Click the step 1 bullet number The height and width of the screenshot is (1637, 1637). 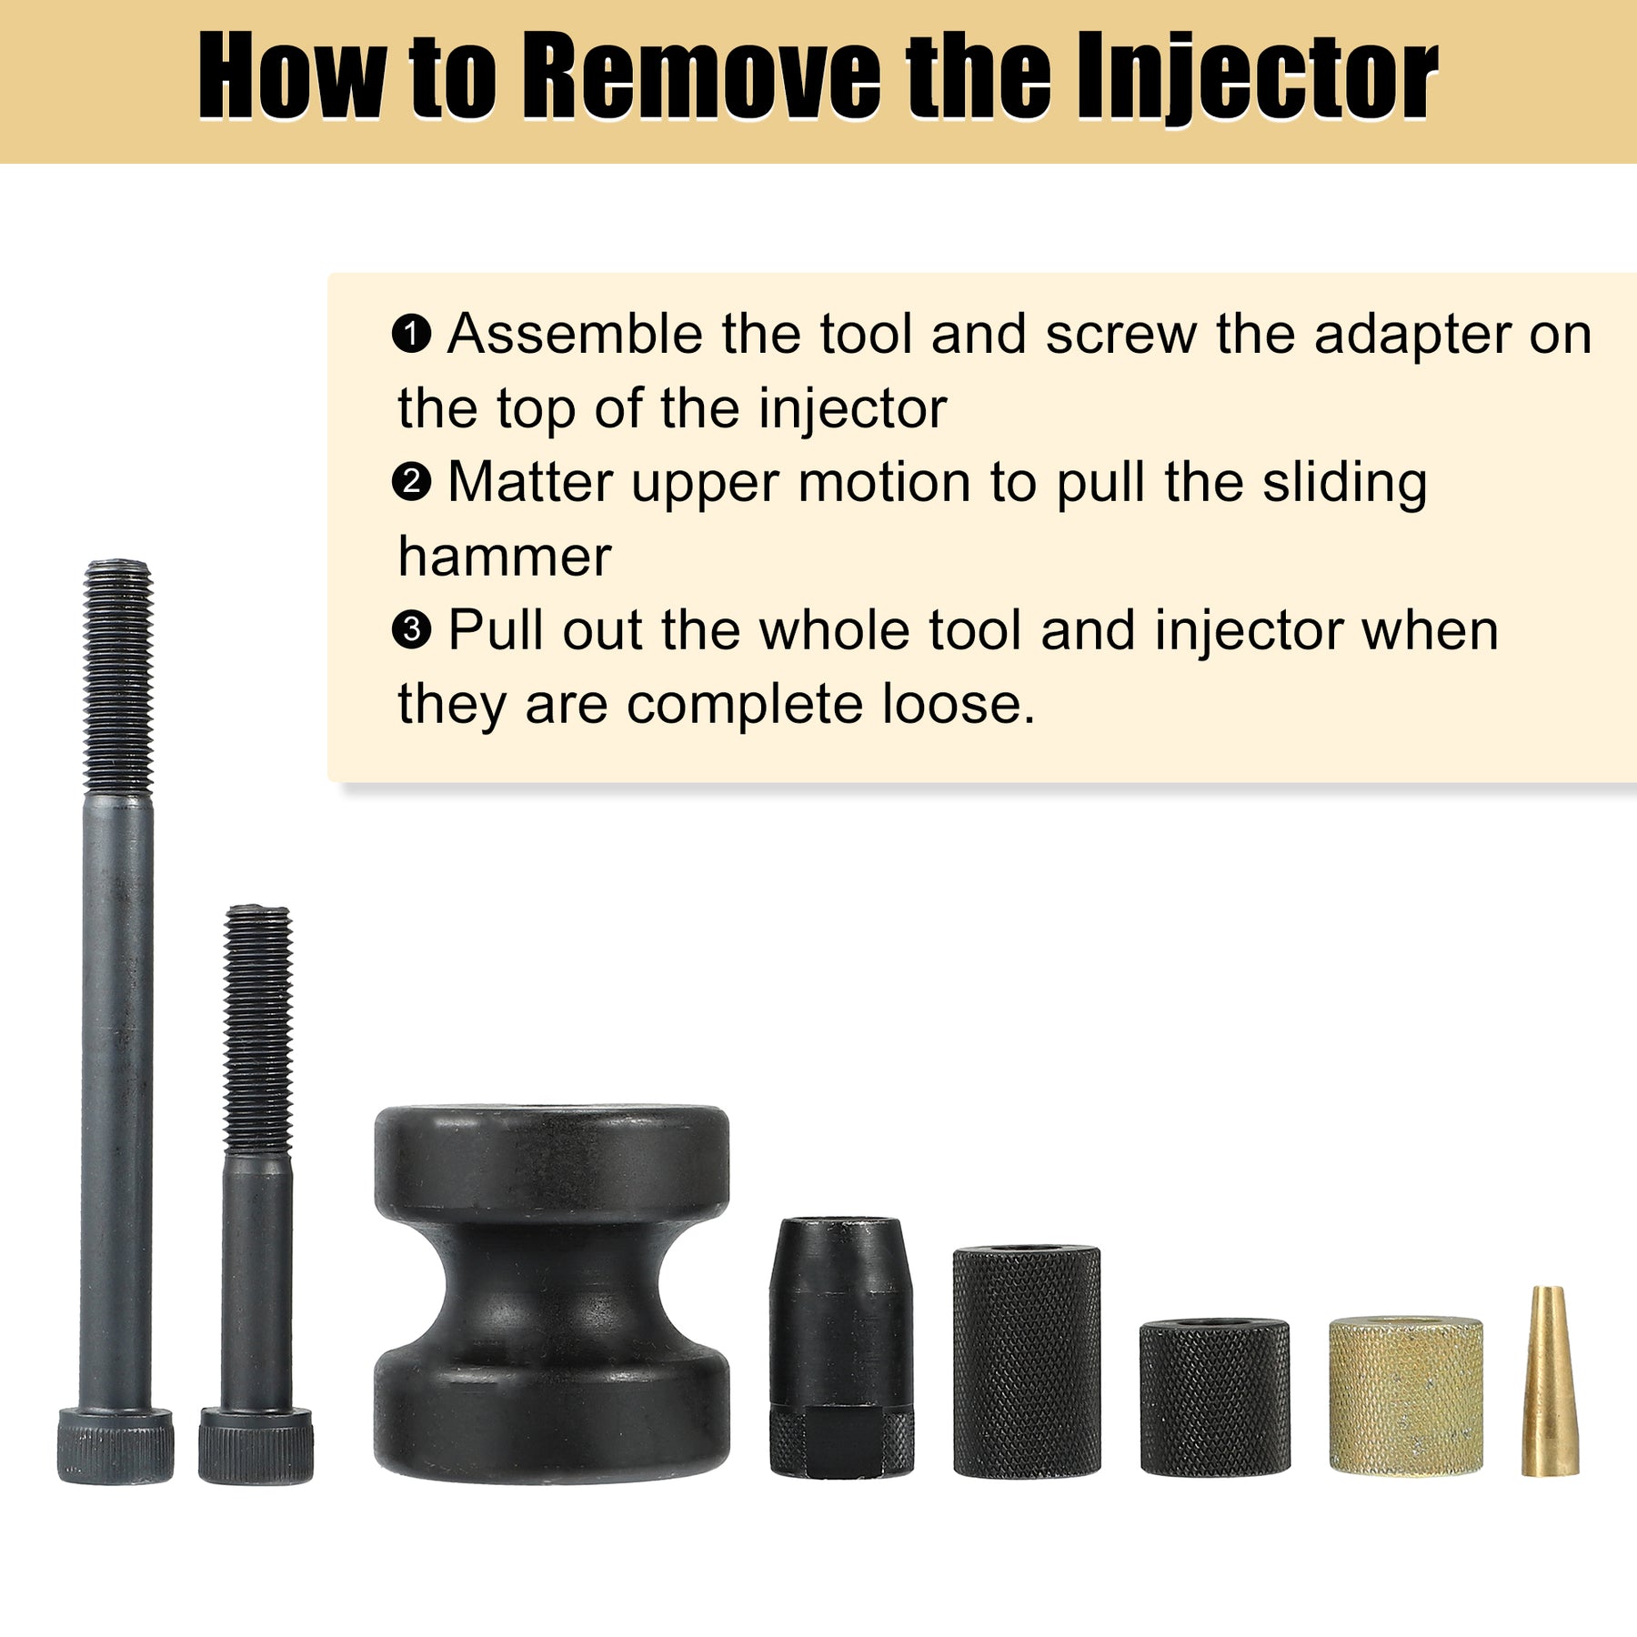[x=411, y=334]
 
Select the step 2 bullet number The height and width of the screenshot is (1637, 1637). [x=411, y=482]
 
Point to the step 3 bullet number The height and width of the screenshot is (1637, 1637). [x=411, y=629]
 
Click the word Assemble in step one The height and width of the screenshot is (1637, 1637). [x=575, y=334]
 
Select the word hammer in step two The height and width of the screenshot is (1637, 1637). [x=505, y=556]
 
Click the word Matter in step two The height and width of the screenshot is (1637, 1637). [x=530, y=482]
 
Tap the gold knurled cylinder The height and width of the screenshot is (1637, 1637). [x=1406, y=1395]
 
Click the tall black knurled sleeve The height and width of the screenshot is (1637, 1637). [x=1027, y=1361]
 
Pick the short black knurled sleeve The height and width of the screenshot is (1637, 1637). [x=1215, y=1397]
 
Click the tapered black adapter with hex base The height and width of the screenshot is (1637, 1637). [x=841, y=1346]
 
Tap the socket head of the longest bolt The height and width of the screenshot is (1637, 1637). [x=115, y=1446]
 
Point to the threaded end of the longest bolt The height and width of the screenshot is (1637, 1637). [x=117, y=677]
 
